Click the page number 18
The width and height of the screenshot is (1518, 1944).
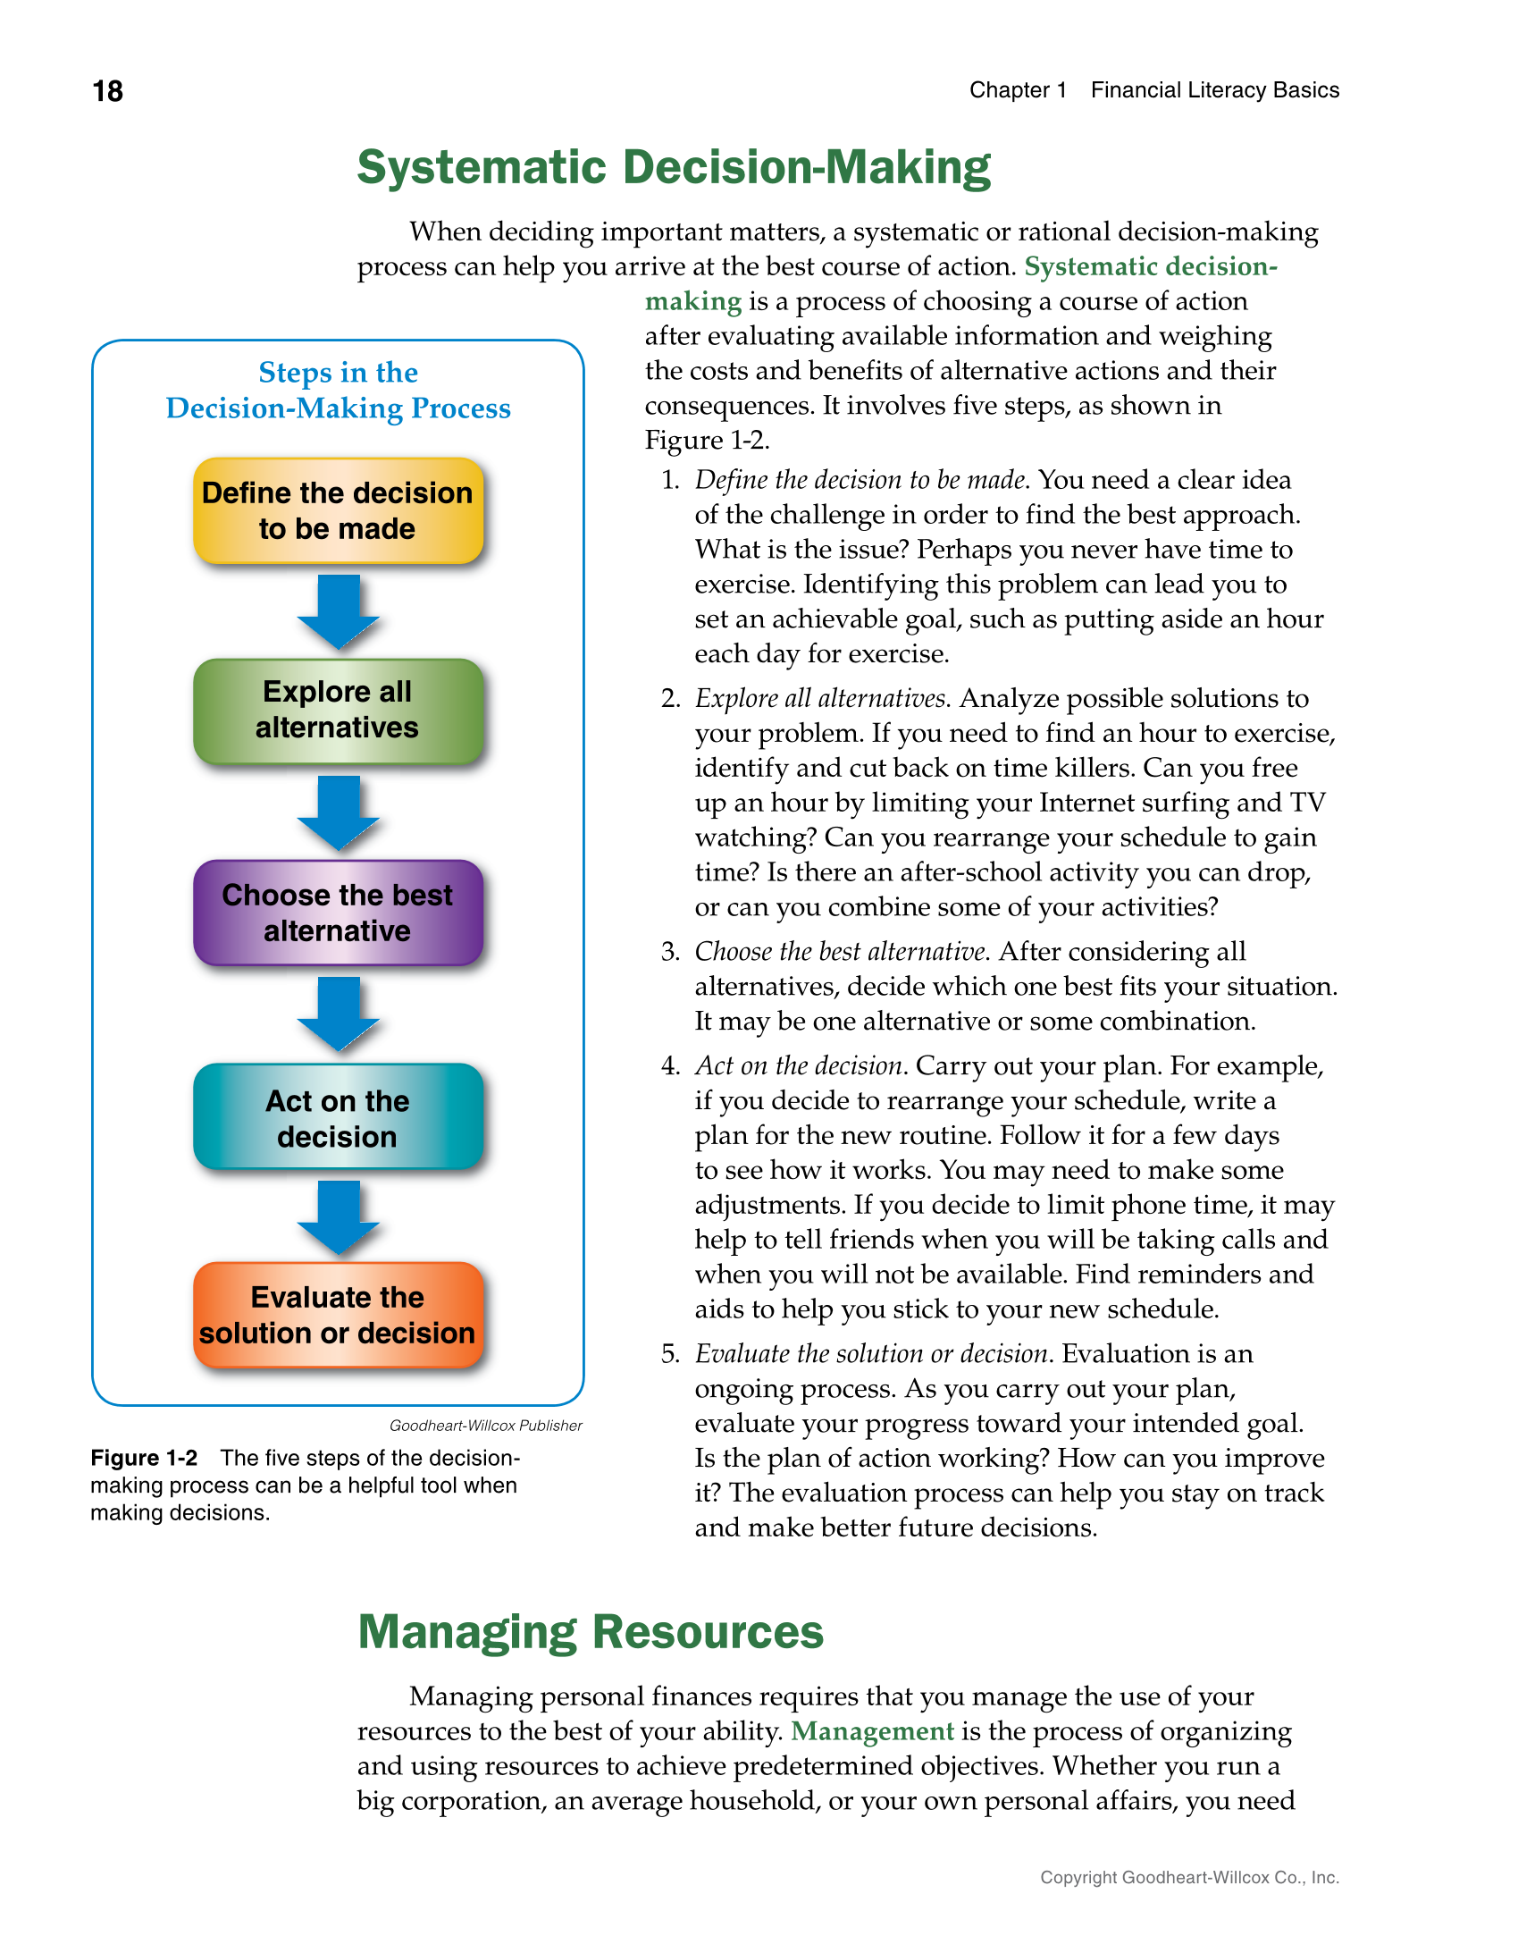click(107, 91)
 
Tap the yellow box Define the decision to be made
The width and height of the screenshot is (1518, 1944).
click(338, 511)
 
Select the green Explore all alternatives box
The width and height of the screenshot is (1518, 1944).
click(338, 711)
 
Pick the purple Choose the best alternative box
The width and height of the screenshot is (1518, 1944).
click(338, 913)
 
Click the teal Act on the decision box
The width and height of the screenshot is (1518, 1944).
click(338, 1117)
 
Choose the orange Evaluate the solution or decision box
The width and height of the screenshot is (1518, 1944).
click(338, 1315)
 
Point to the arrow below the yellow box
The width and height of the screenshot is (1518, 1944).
click(338, 612)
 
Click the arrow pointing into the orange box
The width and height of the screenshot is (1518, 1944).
click(338, 1217)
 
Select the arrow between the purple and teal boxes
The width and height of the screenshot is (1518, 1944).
click(338, 1014)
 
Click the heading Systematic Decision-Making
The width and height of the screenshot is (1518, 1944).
click(674, 168)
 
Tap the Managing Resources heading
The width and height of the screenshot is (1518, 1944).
click(590, 1632)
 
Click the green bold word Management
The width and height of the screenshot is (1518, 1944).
click(872, 1731)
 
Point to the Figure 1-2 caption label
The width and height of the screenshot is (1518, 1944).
click(144, 1459)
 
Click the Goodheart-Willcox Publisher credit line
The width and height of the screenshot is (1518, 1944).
click(485, 1426)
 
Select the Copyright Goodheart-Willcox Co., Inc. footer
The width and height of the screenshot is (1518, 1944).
click(1188, 1878)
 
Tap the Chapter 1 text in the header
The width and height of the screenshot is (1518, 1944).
click(1017, 90)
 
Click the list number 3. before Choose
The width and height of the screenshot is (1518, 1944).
click(670, 952)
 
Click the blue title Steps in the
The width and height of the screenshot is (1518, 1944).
click(338, 372)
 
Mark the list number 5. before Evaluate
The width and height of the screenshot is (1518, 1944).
click(670, 1354)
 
